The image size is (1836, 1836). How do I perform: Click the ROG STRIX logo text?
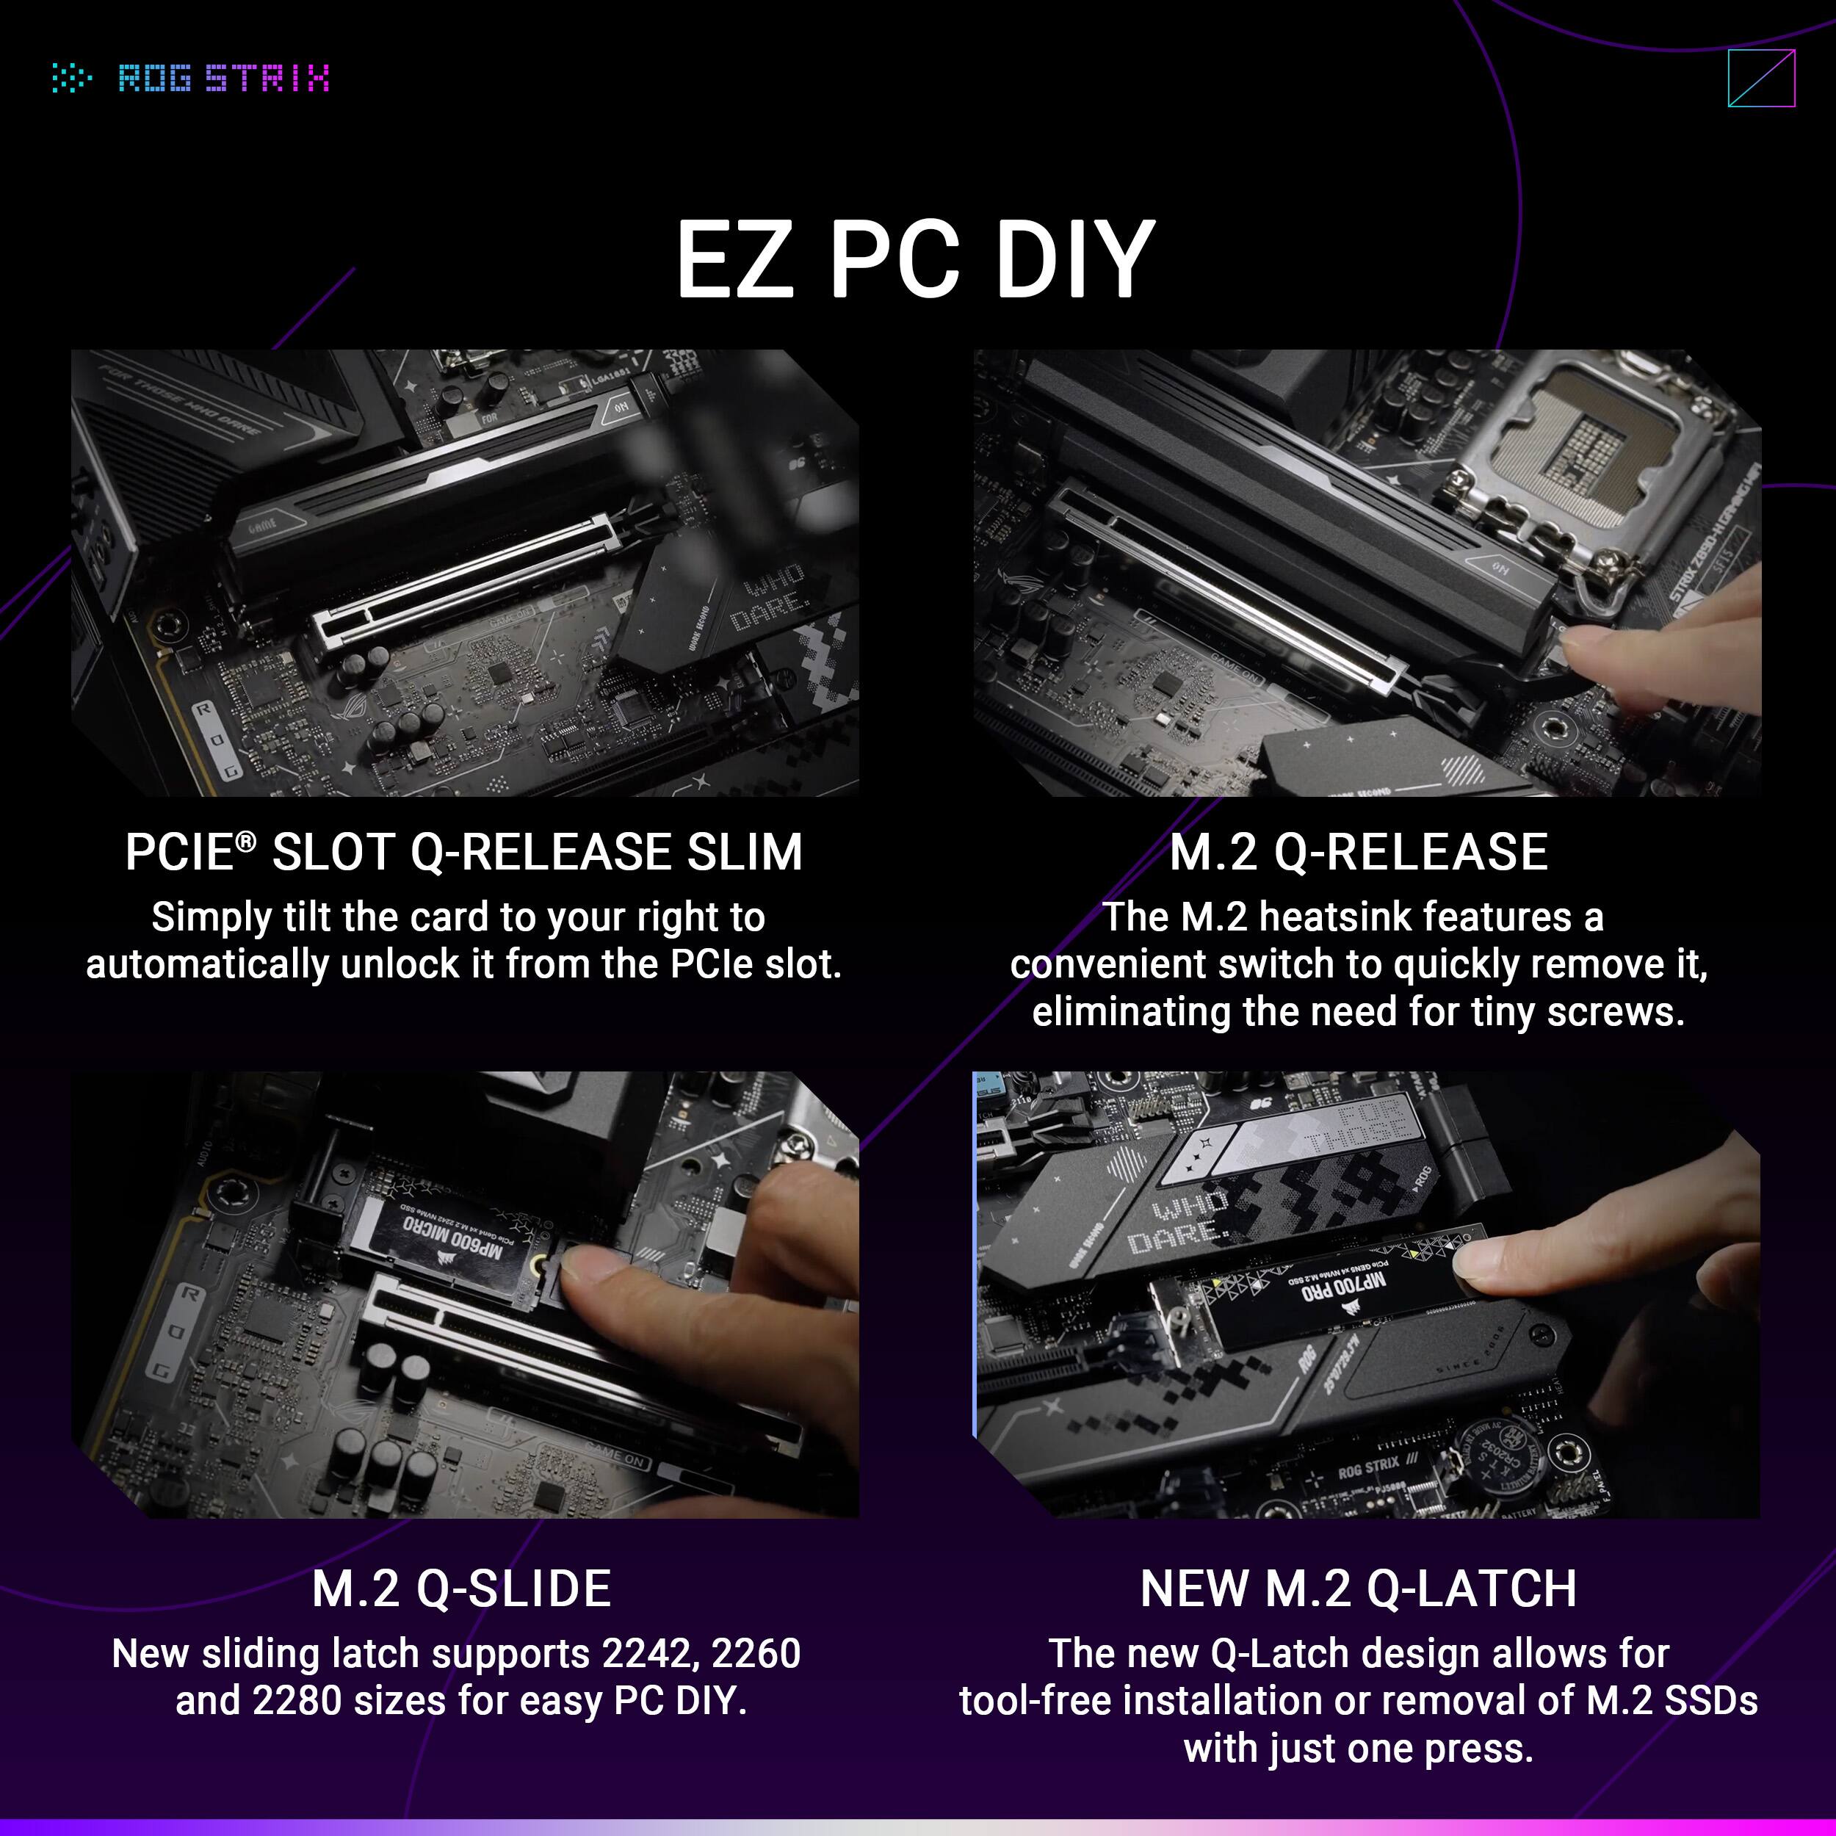224,78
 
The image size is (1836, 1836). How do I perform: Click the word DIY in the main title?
1074,259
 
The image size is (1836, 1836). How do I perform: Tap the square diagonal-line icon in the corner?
1761,78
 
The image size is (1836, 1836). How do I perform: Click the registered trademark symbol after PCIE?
246,841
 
